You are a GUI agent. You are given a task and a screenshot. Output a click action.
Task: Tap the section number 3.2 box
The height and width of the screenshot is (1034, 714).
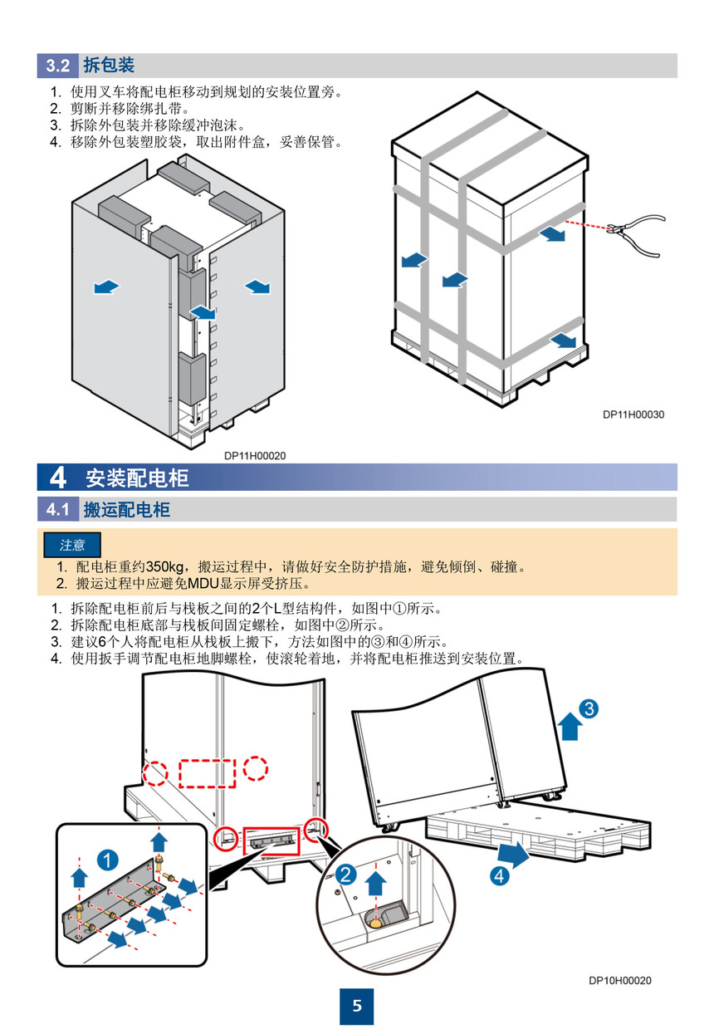(57, 66)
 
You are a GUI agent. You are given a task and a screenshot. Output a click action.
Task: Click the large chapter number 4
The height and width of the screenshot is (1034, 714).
(57, 478)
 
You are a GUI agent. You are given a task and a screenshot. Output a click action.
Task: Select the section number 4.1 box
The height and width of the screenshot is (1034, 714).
(57, 509)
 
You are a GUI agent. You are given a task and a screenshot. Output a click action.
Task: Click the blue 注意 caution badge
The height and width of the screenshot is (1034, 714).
(72, 545)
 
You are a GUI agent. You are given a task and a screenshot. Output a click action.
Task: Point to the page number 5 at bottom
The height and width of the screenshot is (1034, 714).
(357, 1006)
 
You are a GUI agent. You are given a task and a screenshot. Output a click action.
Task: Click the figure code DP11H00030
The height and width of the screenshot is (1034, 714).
(633, 414)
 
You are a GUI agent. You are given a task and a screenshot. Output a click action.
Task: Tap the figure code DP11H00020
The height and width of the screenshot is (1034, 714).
(255, 455)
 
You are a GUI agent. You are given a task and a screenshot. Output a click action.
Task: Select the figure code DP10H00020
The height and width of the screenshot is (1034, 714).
(620, 981)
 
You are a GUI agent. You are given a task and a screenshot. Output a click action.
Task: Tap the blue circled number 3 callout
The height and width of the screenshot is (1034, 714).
(588, 708)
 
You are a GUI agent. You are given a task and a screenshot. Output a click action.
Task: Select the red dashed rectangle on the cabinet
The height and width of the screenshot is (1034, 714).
(208, 772)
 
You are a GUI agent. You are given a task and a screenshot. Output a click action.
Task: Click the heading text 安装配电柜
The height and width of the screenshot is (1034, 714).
(137, 478)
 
